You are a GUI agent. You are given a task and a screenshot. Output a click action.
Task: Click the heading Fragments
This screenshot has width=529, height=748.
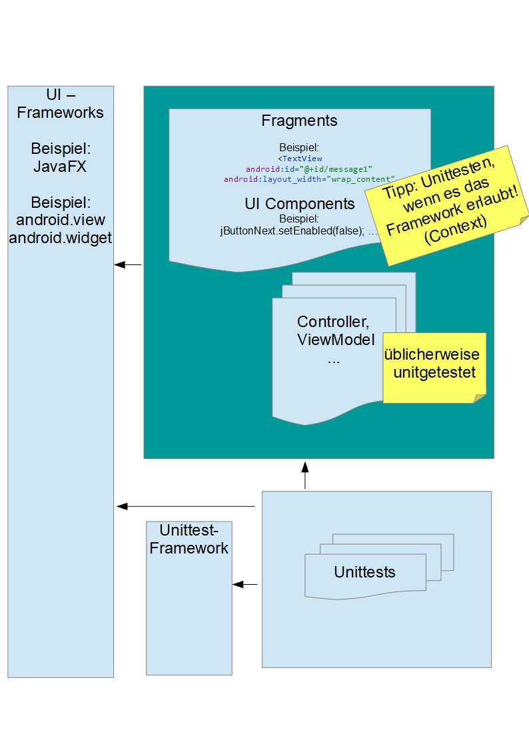click(299, 121)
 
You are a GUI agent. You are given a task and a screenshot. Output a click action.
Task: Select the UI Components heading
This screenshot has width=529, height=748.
click(299, 203)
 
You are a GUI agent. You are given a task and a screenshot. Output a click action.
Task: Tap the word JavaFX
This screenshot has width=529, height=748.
click(60, 167)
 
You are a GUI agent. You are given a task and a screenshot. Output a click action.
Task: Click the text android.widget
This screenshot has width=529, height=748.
click(60, 238)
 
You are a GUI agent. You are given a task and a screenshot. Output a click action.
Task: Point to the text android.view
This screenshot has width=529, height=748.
click(60, 220)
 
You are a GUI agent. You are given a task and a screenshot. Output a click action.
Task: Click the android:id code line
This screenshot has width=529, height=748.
click(299, 169)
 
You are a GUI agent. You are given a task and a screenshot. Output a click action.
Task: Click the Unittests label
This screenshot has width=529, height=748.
click(364, 571)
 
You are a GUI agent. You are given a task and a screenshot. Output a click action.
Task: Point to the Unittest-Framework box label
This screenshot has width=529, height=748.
click(189, 539)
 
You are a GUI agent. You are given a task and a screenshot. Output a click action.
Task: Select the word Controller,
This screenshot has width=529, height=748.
click(333, 322)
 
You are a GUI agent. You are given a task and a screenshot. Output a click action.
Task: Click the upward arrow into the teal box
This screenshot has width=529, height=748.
click(305, 475)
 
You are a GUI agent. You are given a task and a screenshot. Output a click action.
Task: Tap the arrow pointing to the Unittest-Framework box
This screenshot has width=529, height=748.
click(245, 585)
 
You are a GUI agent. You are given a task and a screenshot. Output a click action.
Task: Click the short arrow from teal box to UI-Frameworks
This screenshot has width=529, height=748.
click(128, 265)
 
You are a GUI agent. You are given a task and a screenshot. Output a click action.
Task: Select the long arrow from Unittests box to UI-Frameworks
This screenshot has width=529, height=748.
click(187, 507)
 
